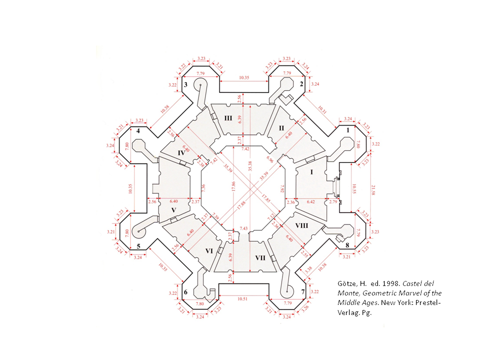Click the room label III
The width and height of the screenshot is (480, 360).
coord(228,118)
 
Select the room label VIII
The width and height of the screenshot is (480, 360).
coord(302,226)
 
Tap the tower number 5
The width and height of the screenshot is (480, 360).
coord(138,246)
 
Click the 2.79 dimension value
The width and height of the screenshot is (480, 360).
coord(333,202)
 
